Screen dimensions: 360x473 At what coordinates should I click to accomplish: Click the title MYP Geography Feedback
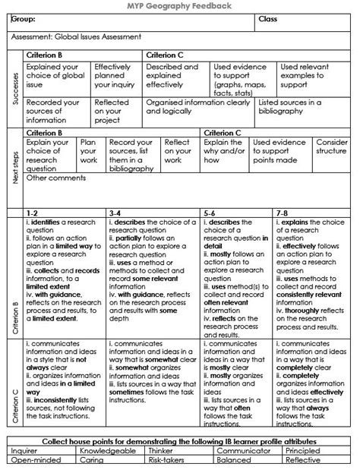(x=180, y=5)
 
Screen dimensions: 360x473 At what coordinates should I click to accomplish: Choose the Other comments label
(x=55, y=179)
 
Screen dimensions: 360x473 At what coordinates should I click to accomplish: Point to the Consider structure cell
(x=331, y=146)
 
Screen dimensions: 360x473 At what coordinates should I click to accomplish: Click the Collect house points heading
(x=180, y=441)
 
